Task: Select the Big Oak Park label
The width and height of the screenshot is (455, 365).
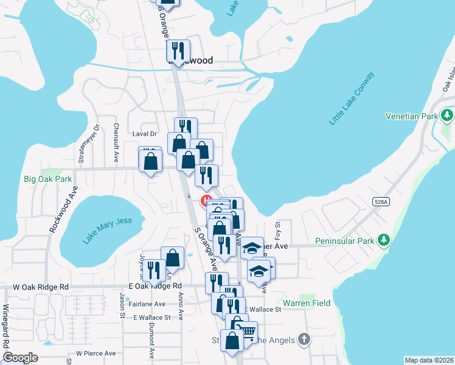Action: (47, 179)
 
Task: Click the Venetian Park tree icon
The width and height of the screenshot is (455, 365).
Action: (448, 115)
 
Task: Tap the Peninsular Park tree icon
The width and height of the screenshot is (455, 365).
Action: (384, 242)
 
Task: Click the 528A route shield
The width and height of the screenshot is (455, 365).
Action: (381, 201)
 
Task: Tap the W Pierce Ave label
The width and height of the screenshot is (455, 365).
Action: (96, 353)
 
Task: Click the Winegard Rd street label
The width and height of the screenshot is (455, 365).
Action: (7, 329)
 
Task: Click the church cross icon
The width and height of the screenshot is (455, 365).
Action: (304, 339)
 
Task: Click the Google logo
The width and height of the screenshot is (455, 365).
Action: (20, 358)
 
